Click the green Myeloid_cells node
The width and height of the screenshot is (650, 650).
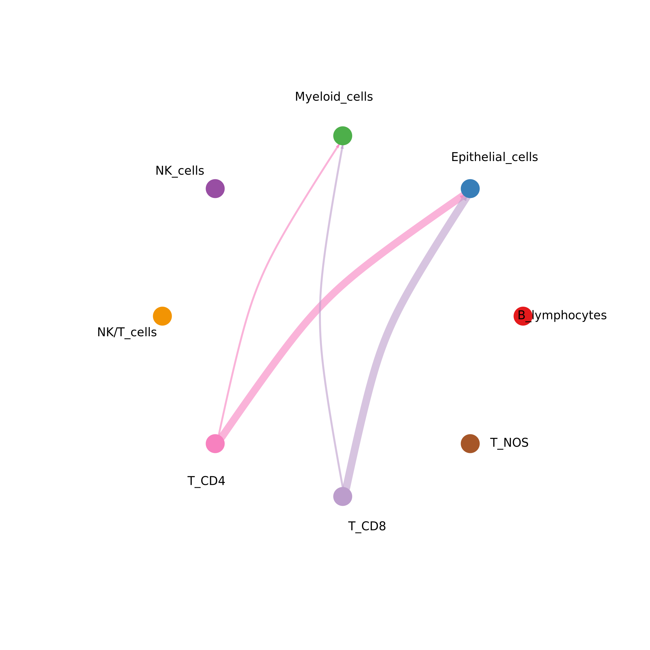[x=342, y=136]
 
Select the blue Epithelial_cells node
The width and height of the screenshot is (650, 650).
[x=470, y=189]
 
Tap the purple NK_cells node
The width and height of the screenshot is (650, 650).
[x=215, y=189]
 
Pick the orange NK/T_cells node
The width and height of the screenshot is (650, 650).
[x=162, y=316]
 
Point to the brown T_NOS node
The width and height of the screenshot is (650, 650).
[x=470, y=444]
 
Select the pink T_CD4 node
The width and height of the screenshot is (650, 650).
[x=215, y=444]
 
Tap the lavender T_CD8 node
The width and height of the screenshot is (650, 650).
[x=342, y=497]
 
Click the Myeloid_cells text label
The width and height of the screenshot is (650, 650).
[x=334, y=97]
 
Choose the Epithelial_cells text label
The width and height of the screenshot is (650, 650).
[x=494, y=157]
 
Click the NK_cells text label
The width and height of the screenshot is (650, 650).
[x=180, y=171]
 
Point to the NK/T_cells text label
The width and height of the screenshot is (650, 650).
[x=127, y=332]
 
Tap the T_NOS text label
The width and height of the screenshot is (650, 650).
[x=509, y=443]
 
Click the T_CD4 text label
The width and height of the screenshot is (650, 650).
[x=206, y=481]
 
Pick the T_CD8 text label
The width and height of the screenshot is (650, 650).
[x=367, y=526]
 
